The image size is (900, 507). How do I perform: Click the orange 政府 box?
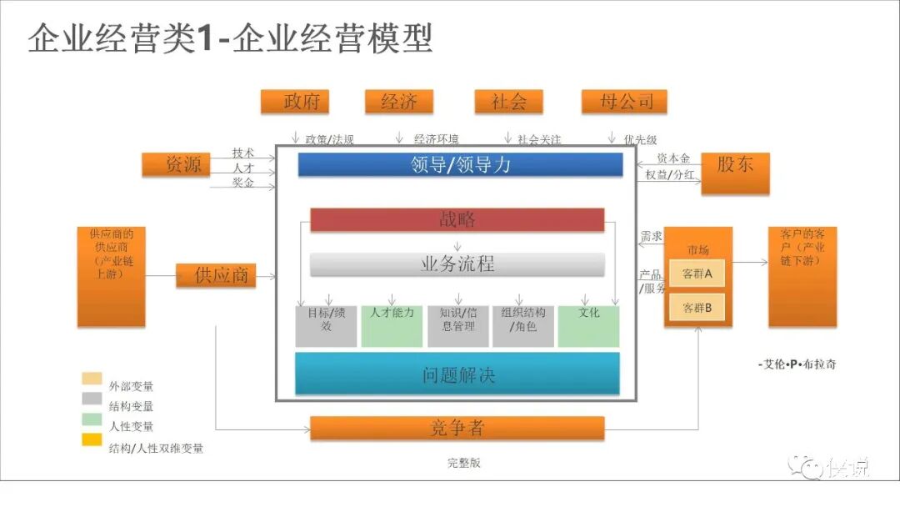(294, 102)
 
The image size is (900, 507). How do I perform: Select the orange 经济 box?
(399, 102)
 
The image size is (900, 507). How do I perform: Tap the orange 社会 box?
(508, 102)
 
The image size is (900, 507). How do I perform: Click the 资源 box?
(183, 165)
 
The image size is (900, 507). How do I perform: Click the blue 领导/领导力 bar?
(460, 165)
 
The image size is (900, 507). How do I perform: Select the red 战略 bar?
(457, 220)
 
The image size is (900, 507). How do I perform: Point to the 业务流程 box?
(457, 264)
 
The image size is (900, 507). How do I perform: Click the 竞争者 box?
(457, 429)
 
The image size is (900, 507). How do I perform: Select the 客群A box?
(697, 274)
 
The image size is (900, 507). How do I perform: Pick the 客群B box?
(697, 307)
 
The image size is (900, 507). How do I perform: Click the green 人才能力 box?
(392, 326)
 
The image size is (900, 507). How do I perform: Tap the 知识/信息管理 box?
(457, 326)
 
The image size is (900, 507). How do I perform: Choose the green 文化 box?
(588, 326)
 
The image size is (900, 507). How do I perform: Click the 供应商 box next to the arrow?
(215, 274)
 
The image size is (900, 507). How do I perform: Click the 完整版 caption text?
(463, 463)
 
